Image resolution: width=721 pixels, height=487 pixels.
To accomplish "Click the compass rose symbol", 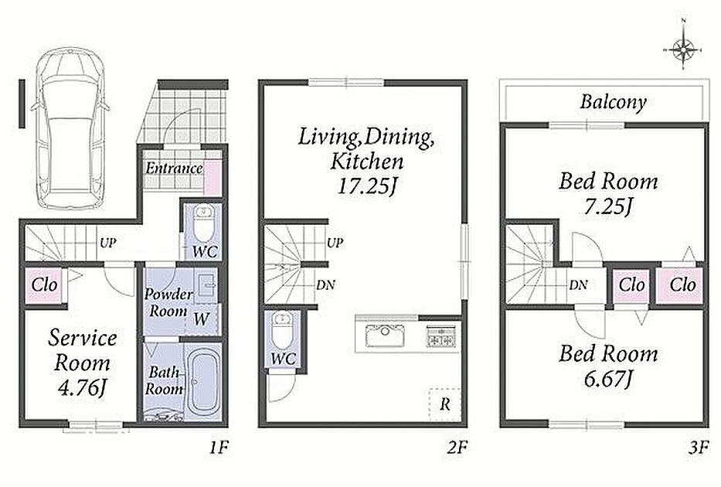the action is pos(683,48).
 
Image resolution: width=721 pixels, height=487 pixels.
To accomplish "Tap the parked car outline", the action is pos(70,129).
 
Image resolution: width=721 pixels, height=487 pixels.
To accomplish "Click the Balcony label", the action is pos(613,102).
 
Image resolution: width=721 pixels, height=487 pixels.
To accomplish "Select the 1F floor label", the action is pos(219,447).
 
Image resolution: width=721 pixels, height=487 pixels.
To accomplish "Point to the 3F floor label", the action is pos(699,447).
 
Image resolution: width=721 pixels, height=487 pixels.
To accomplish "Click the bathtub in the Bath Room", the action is pos(204,381).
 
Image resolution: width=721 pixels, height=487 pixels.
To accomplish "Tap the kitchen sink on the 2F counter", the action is pos(386,335).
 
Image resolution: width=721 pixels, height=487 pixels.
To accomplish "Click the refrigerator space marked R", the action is pos(444,405).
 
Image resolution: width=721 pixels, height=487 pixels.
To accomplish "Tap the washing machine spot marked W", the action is pos(201,318).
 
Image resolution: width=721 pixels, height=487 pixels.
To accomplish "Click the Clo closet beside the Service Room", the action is pos(45,285).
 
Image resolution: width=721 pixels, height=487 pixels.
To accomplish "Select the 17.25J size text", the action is pos(366,186).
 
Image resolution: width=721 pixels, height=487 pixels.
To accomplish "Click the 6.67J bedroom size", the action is pos(608,379).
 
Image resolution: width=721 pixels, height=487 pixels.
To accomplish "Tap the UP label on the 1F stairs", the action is pos(107,243).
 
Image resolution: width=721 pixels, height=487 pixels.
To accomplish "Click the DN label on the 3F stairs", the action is pos(578,285).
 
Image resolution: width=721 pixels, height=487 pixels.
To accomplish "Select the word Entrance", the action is pos(174,169).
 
